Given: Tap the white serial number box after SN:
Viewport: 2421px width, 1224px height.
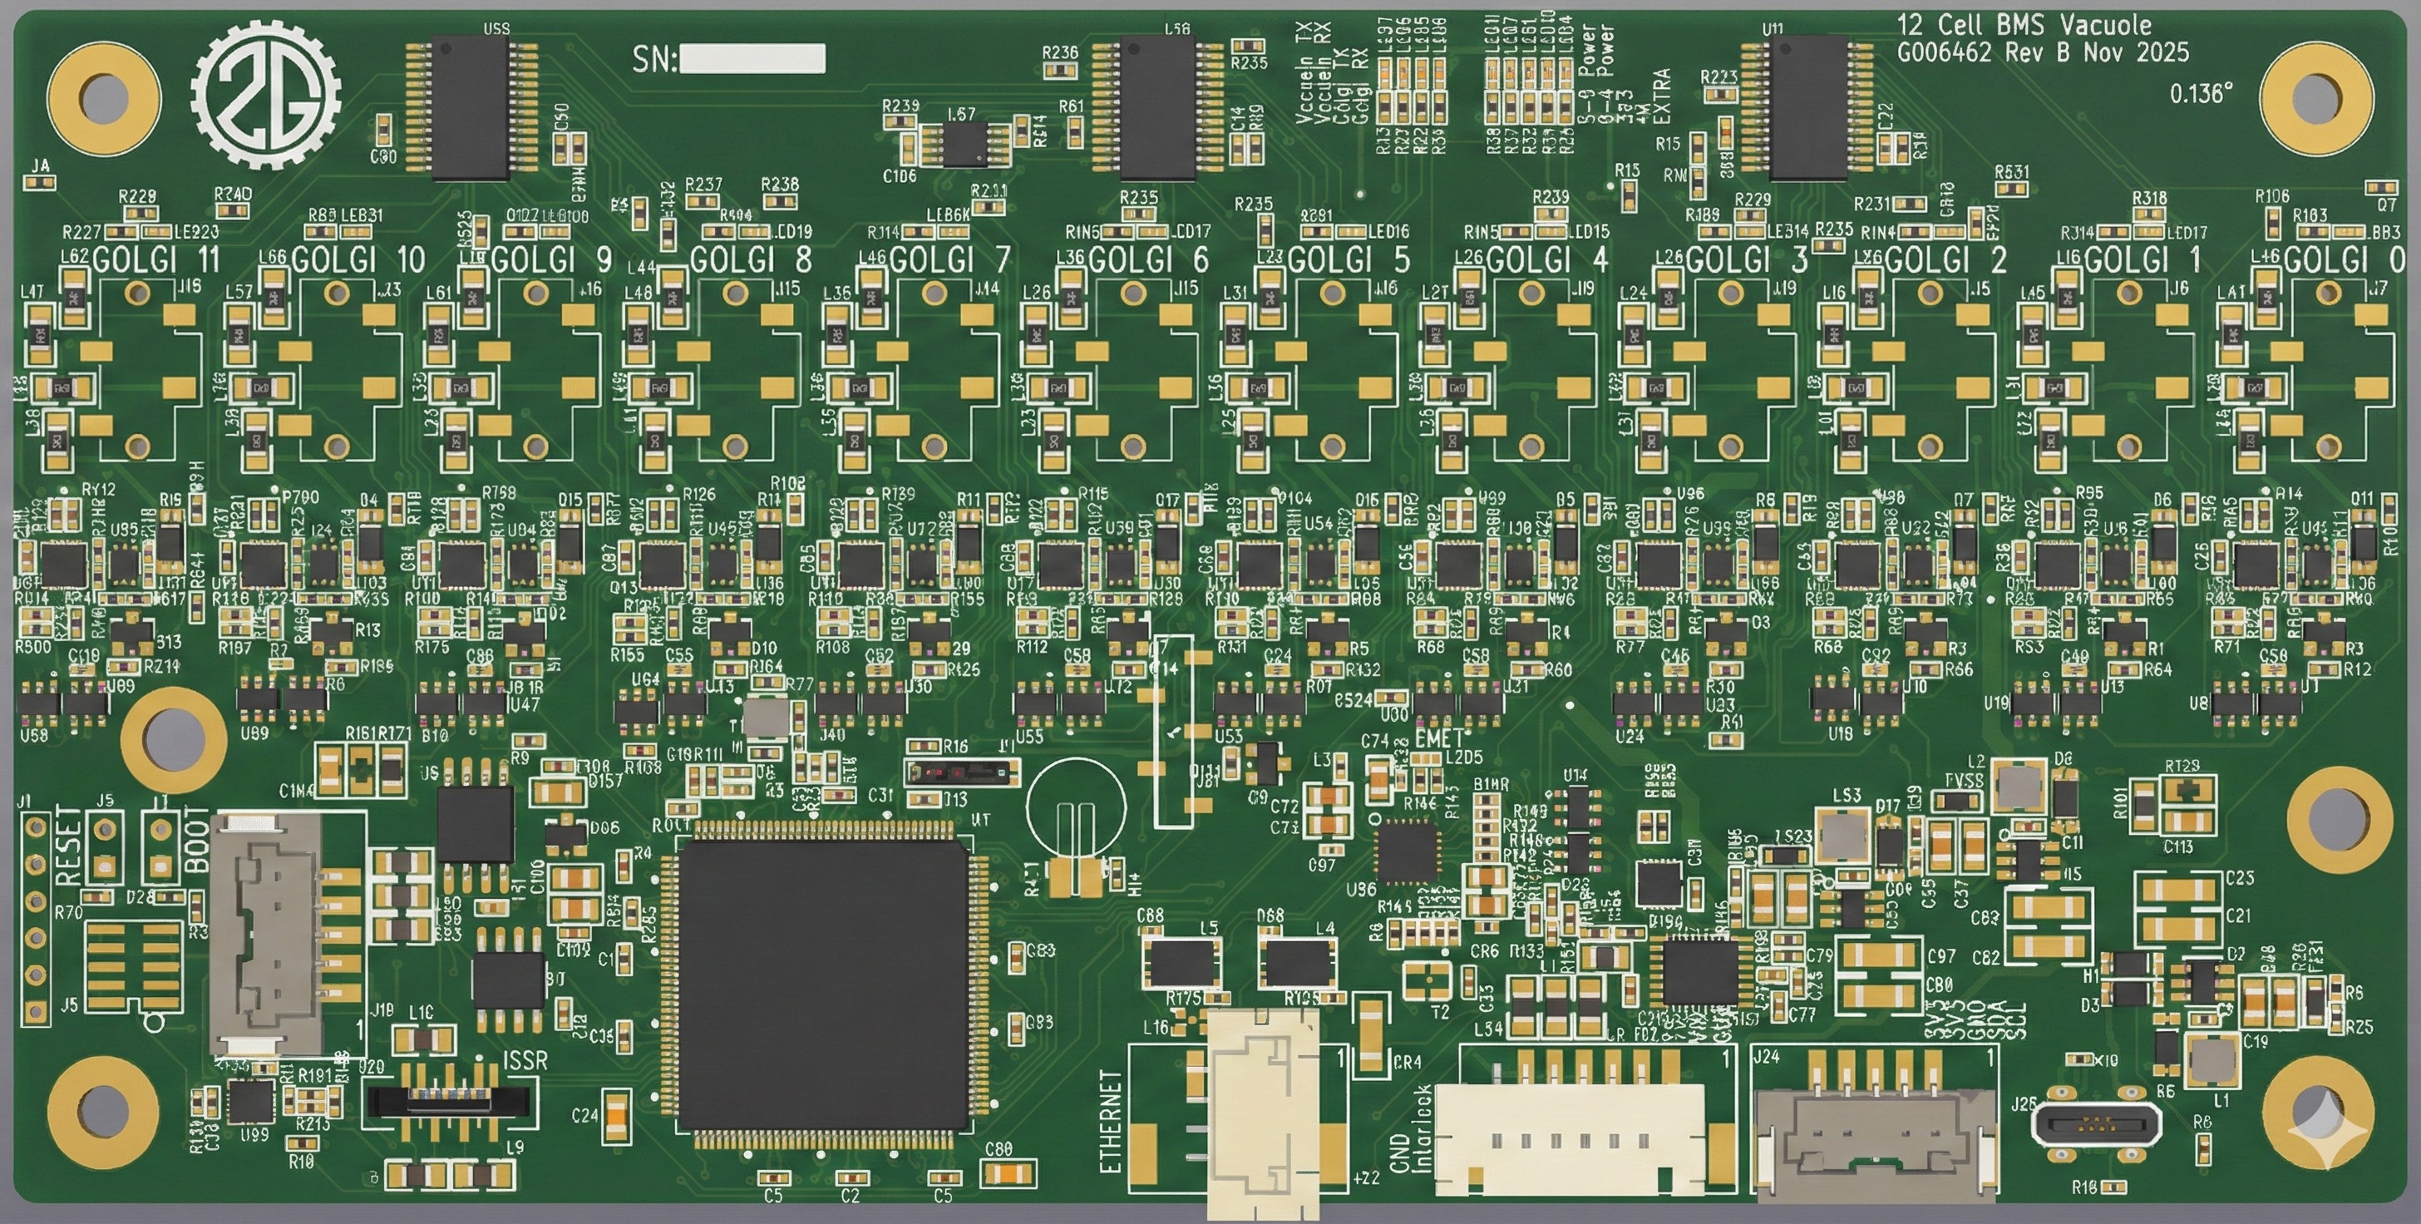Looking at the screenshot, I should [752, 59].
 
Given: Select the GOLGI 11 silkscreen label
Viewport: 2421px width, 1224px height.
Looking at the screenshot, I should [156, 260].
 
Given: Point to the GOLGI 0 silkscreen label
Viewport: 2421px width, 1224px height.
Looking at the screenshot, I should [2344, 260].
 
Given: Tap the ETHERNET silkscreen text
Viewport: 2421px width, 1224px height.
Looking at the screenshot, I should [1111, 1122].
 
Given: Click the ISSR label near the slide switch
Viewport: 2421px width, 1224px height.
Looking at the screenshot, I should [525, 1061].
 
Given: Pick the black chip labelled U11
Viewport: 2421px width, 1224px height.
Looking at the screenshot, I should [1808, 108].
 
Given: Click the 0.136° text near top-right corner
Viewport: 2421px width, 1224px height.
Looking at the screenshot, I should [2200, 94].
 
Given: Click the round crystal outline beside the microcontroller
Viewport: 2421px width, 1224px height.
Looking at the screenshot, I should [1076, 807].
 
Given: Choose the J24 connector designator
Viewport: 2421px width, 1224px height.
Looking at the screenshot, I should [1766, 1057].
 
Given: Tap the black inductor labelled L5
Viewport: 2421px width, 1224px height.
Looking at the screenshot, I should [1182, 963].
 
